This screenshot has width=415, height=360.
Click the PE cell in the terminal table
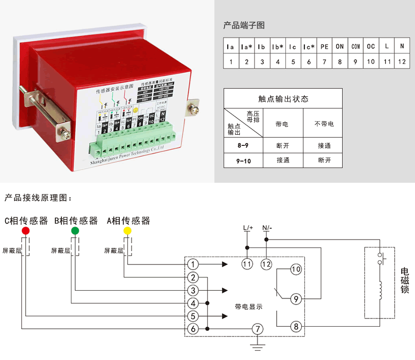pyautogui.click(x=324, y=46)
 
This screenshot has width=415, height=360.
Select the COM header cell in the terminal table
pyautogui.click(x=356, y=46)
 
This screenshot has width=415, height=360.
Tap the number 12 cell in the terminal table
pyautogui.click(x=402, y=61)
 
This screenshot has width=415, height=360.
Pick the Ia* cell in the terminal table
pyautogui.click(x=247, y=46)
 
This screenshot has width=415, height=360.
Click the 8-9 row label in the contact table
pyautogui.click(x=243, y=145)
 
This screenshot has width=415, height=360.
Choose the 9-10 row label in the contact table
pyautogui.click(x=243, y=160)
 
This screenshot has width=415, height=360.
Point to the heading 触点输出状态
pyautogui.click(x=283, y=99)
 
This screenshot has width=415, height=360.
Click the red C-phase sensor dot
pyautogui.click(x=26, y=230)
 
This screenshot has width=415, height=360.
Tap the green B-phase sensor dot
pyautogui.click(x=75, y=230)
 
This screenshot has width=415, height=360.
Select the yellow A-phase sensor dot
pyautogui.click(x=128, y=230)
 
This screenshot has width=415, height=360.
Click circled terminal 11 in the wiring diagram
pyautogui.click(x=248, y=264)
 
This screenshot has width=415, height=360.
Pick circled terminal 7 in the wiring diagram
pyautogui.click(x=258, y=329)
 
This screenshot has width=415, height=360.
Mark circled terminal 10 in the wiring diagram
pyautogui.click(x=296, y=269)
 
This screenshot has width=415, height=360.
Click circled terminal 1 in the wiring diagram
pyautogui.click(x=193, y=264)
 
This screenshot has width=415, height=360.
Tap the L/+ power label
pyautogui.click(x=248, y=228)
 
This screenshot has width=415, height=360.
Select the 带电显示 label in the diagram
pyautogui.click(x=249, y=306)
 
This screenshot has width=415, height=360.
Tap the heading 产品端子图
pyautogui.click(x=244, y=25)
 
